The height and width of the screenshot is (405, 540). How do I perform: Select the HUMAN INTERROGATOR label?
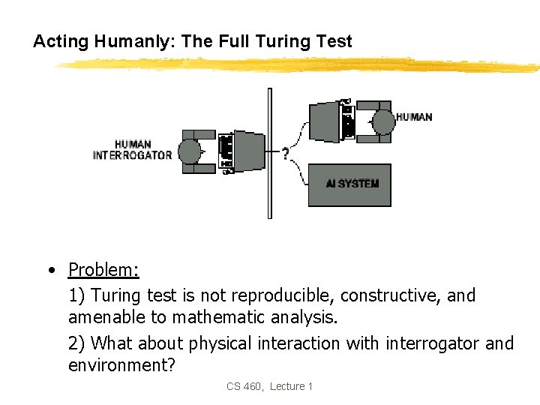[x=132, y=150]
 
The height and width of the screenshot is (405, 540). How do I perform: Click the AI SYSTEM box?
[x=349, y=184]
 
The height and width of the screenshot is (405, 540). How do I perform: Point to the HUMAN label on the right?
[x=413, y=117]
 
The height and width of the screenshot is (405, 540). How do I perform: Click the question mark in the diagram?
[x=286, y=154]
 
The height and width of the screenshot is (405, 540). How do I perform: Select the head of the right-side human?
[x=383, y=120]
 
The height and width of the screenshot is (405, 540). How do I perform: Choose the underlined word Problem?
[x=103, y=269]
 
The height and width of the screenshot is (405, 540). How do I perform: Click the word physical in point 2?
[x=220, y=343]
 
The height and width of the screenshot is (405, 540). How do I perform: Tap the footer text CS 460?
[x=244, y=386]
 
